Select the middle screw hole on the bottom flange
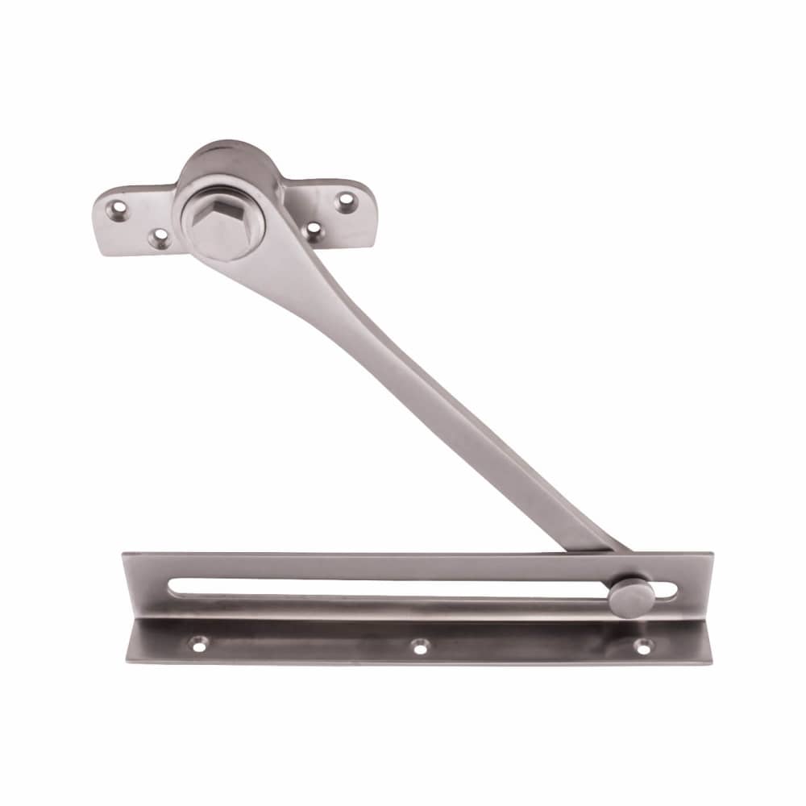pos(419,645)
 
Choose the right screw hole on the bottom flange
pos(642,645)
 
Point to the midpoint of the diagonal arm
pos(419,387)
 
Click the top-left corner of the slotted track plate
pos(123,554)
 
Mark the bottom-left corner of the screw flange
pos(127,661)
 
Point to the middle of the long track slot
pos(387,587)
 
